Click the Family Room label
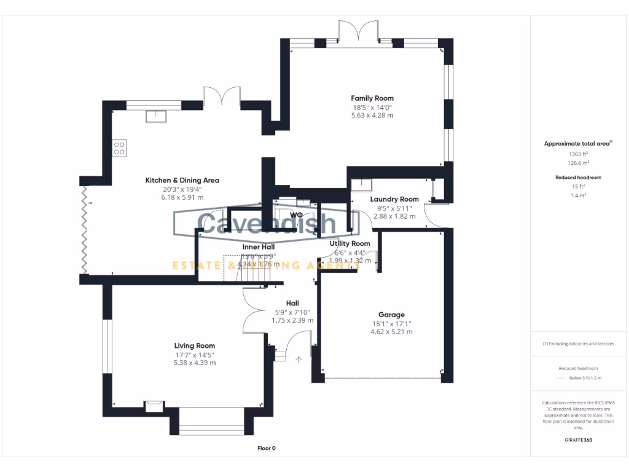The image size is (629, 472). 372,98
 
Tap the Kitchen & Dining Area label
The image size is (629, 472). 182,181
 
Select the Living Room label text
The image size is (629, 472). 194,346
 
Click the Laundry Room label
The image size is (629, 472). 394,199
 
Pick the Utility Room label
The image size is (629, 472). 350,244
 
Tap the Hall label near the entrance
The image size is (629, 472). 292,304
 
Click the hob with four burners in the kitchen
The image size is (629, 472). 119,148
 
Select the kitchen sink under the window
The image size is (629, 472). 156,116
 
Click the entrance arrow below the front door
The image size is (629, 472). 300,360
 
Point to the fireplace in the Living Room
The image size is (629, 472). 151,405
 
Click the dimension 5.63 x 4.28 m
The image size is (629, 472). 372,115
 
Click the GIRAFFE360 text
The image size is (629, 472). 578,440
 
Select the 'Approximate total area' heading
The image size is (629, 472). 577,144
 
